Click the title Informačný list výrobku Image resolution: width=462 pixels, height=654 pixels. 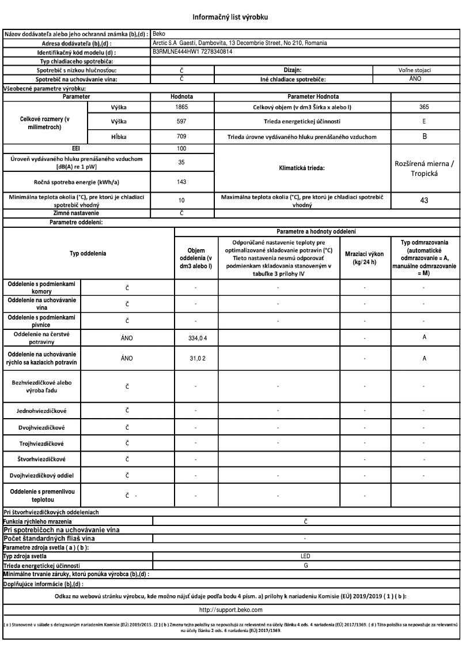pos(231,17)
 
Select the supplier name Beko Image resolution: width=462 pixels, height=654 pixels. pos(157,34)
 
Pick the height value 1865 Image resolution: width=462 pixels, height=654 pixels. pos(182,107)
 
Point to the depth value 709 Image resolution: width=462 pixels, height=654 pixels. pos(182,137)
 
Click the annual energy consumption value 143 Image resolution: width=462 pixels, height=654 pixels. pos(182,181)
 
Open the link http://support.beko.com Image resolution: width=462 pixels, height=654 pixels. pos(231,609)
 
